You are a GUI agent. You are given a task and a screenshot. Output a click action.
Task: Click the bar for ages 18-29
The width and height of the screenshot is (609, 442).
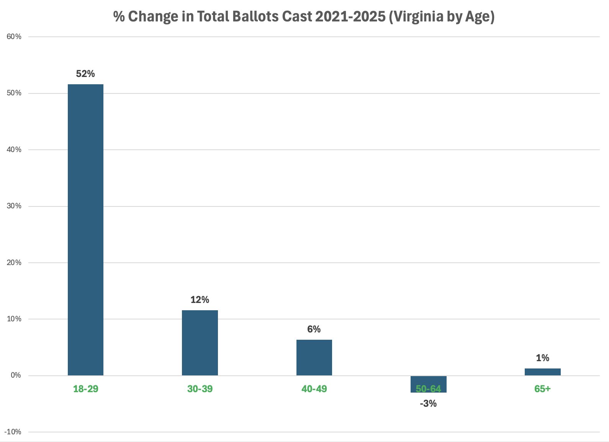(x=85, y=230)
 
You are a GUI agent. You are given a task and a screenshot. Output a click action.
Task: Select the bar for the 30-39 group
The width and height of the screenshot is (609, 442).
(x=200, y=343)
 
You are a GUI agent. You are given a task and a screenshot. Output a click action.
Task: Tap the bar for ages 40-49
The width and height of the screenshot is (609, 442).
(x=314, y=357)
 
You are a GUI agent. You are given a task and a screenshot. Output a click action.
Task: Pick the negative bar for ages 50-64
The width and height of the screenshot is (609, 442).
(x=428, y=384)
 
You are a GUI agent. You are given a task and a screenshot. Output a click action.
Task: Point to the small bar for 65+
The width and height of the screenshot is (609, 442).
(x=542, y=372)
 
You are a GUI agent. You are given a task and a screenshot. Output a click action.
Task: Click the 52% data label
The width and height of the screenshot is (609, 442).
(x=85, y=74)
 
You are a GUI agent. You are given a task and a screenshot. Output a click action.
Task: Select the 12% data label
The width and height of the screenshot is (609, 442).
(x=200, y=300)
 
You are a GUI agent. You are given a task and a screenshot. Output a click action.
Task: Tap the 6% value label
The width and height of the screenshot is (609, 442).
(x=314, y=329)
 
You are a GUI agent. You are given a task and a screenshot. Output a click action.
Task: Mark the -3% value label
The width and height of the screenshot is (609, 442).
(x=428, y=403)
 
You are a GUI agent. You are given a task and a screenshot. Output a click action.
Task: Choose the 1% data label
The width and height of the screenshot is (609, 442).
(x=542, y=358)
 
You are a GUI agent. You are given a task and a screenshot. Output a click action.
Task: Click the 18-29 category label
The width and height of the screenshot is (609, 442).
(x=85, y=389)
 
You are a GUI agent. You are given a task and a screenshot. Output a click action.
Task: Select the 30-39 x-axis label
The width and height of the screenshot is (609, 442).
(x=200, y=389)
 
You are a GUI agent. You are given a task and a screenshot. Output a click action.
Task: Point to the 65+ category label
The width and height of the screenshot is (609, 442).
(x=542, y=389)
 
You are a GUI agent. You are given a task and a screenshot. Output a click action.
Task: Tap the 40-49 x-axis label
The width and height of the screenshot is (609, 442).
(x=314, y=389)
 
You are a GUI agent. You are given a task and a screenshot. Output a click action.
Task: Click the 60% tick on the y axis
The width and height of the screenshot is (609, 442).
(x=14, y=37)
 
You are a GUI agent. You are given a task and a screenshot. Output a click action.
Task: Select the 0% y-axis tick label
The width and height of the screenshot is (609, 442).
(x=16, y=375)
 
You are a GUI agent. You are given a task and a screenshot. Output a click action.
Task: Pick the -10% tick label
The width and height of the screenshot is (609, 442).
(x=13, y=432)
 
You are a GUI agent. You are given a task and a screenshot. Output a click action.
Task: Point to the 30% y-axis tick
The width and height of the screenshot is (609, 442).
(x=14, y=206)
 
